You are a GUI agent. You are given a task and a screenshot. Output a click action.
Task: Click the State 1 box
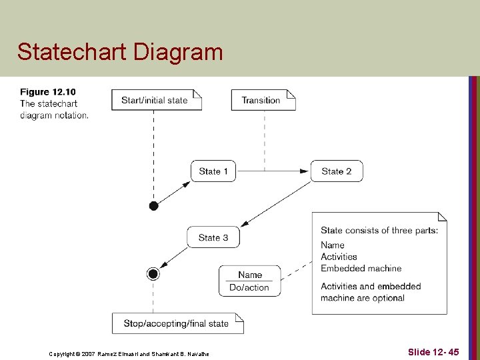coord(213,171)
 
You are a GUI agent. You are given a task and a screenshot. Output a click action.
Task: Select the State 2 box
coord(336,171)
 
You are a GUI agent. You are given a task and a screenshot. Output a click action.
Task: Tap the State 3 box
coord(213,237)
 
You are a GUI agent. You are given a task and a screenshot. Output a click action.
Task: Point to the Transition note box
coord(263,100)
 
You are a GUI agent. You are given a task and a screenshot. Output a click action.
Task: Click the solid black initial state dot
coord(154,205)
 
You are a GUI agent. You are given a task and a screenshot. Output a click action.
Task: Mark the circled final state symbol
coord(154,273)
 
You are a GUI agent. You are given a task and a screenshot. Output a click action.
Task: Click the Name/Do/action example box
coord(249,281)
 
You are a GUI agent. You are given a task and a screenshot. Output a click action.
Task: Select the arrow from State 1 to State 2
coord(273,171)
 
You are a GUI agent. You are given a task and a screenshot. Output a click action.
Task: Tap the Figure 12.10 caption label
coord(48,92)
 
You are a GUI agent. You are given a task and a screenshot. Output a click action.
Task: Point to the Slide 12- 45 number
coord(433,351)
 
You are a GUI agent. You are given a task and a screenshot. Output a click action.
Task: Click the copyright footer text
coord(129,353)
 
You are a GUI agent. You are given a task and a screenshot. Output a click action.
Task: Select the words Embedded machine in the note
coord(361,268)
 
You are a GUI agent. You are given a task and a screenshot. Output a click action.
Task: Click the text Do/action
coord(249,288)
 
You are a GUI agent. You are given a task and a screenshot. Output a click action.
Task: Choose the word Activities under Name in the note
coord(339,257)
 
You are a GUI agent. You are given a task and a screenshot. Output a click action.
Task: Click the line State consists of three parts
coord(379,231)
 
